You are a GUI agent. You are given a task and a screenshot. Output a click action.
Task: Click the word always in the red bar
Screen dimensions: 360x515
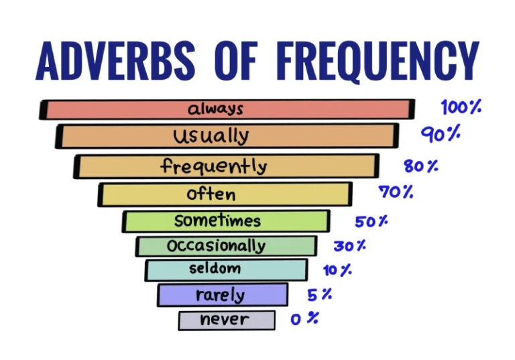coord(215,109)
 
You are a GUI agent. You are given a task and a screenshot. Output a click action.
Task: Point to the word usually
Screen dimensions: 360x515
coord(211,136)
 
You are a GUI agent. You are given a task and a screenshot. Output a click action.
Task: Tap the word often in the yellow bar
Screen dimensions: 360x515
coord(211,194)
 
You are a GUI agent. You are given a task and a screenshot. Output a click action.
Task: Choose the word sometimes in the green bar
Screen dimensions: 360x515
coord(217,221)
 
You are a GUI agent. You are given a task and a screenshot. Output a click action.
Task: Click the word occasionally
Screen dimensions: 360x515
coord(216,246)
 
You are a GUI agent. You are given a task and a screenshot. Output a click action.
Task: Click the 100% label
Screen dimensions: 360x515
coord(461,107)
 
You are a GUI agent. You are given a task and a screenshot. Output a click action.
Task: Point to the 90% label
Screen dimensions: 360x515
coord(441,134)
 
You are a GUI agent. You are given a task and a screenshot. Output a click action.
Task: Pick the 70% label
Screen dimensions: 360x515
coord(396,192)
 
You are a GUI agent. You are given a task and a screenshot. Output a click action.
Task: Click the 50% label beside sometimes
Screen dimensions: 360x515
coord(371,221)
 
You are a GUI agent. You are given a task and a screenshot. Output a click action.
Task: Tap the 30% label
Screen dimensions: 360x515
coord(350,246)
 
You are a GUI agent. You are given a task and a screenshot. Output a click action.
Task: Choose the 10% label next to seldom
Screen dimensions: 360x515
coord(337,271)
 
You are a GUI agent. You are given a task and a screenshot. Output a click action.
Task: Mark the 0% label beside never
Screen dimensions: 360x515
coord(304,318)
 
